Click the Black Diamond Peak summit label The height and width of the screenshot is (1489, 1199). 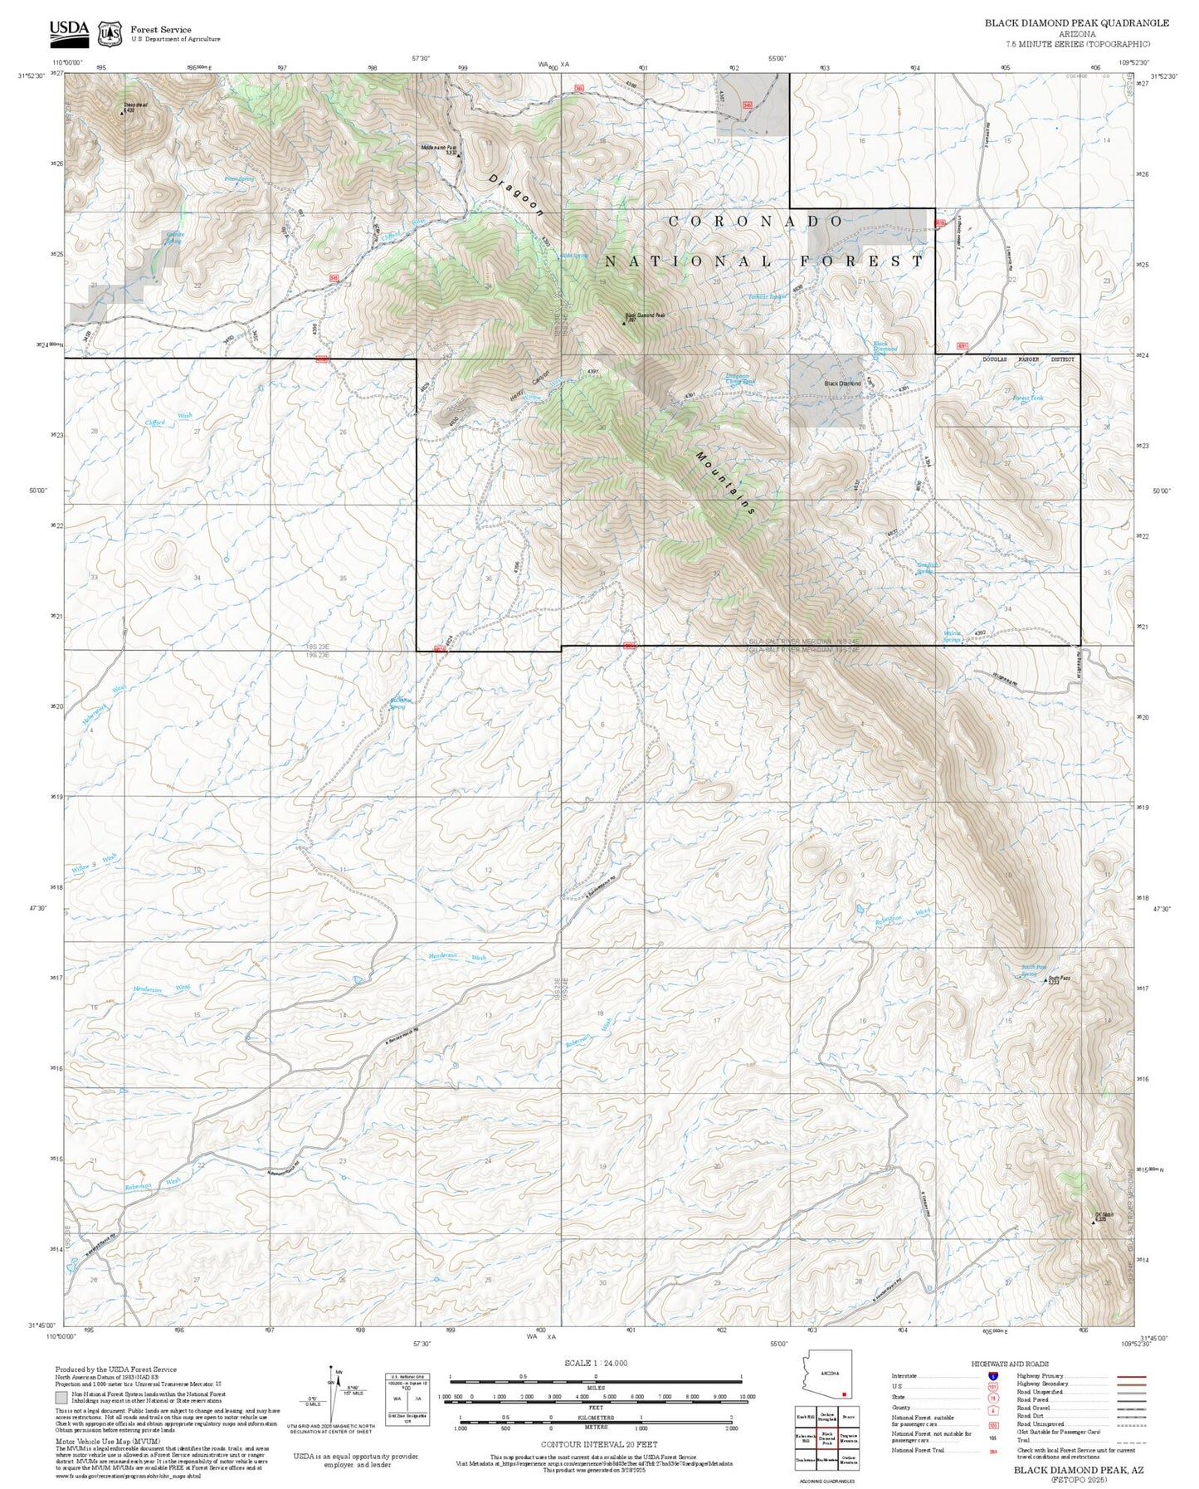pos(645,315)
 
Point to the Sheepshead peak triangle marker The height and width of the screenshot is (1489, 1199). pos(122,111)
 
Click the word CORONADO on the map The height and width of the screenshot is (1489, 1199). pos(756,221)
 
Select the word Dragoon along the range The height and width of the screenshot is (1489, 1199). pos(515,196)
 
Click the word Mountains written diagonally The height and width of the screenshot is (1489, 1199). pos(725,484)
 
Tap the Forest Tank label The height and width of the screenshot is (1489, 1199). pos(1028,398)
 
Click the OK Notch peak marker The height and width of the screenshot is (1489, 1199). pos(1093,1222)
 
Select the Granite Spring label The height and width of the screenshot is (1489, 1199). pos(174,237)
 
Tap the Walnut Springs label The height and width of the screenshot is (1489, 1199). pos(953,637)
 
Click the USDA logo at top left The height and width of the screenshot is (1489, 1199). pos(69,31)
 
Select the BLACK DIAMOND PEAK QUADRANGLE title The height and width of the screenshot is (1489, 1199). pos(1076,23)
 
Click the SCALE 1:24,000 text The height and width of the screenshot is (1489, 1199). pos(595,1363)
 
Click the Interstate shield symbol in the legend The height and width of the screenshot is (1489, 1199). pos(992,1376)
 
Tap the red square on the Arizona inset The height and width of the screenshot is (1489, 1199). pos(844,1394)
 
